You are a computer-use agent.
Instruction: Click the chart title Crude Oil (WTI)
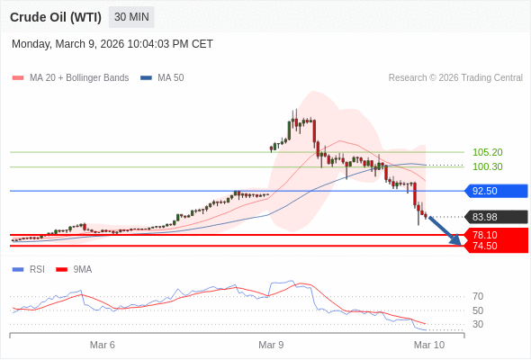56,17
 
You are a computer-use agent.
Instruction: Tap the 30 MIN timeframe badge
131,17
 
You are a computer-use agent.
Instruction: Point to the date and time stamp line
112,43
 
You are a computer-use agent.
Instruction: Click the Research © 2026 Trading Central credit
455,77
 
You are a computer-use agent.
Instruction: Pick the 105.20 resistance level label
487,152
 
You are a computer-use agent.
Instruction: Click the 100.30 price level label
487,166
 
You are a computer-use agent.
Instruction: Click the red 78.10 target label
492,234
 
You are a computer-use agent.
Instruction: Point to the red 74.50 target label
492,246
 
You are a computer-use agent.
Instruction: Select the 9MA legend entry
82,269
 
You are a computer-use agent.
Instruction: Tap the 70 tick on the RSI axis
478,296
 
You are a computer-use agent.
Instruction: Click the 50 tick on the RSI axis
478,310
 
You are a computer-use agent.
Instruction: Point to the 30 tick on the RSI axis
478,324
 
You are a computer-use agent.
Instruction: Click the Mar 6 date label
103,345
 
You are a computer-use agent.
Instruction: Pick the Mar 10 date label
428,345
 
